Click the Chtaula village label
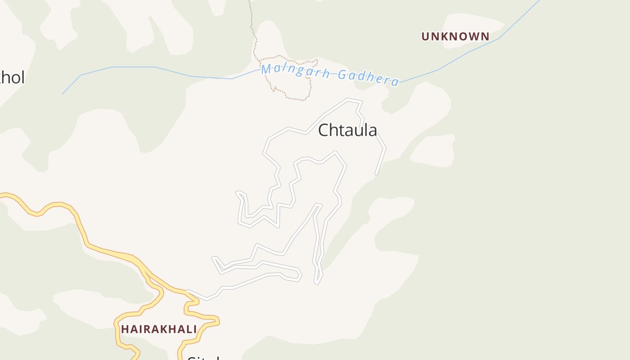pos(347,130)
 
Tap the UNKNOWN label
pos(455,36)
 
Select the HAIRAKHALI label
pos(159,329)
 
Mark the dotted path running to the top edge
pos(252,18)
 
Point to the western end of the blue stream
pos(63,93)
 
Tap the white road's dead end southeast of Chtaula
pos(376,173)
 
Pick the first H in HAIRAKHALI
pos(125,329)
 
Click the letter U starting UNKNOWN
pos(425,36)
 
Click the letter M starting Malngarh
pos(267,69)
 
